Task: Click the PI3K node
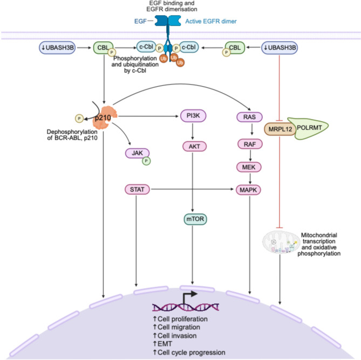click(195, 116)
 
